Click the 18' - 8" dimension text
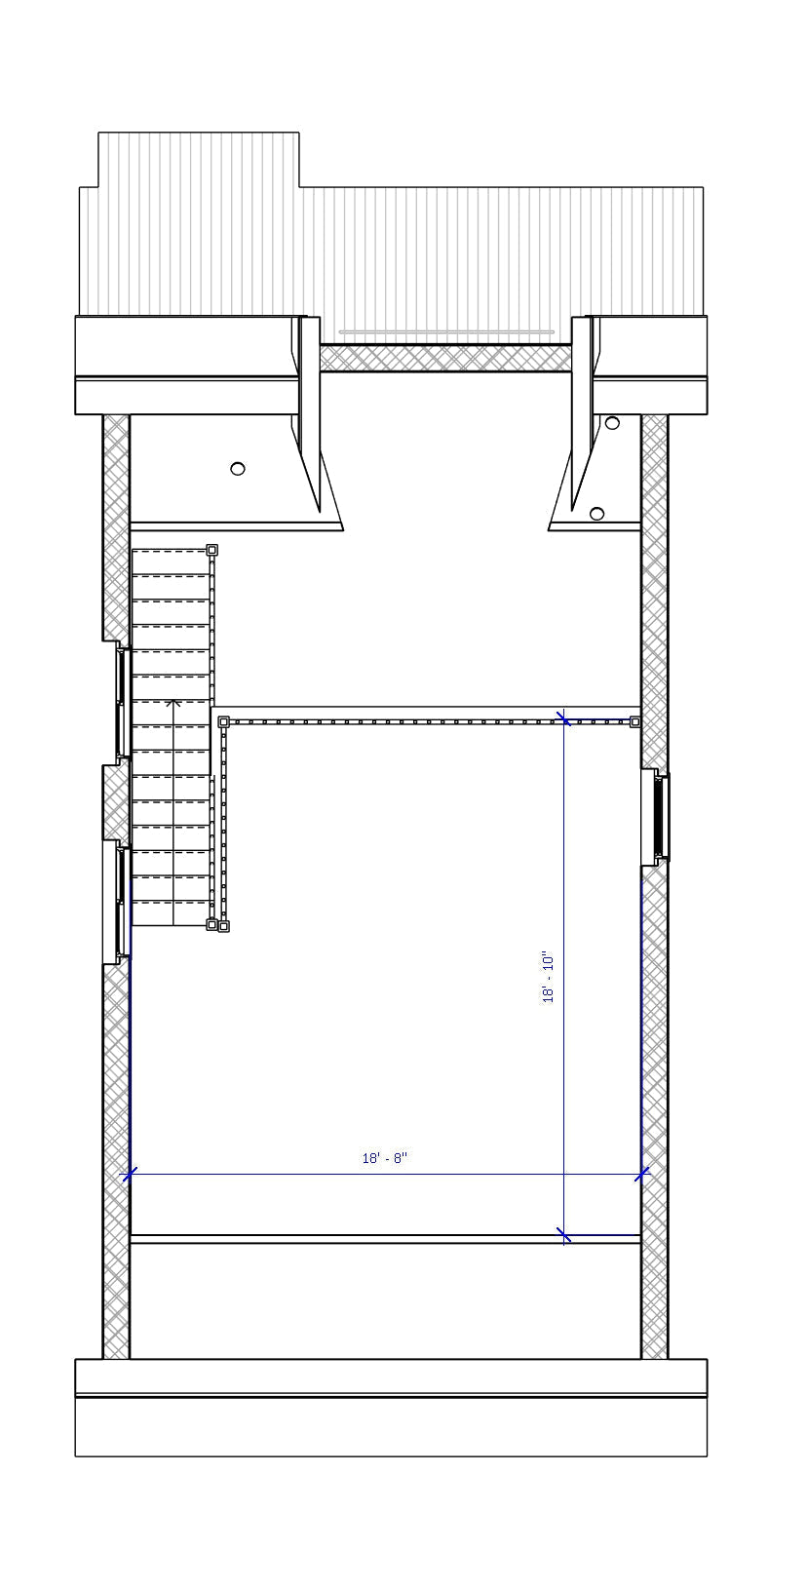(x=384, y=1158)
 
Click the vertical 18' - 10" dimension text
(x=549, y=978)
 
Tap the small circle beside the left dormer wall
(x=238, y=469)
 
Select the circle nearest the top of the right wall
(x=612, y=423)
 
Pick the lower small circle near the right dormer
(x=597, y=514)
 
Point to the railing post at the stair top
(x=211, y=551)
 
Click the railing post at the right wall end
(x=634, y=722)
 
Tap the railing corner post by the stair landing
(x=223, y=722)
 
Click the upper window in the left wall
(x=123, y=702)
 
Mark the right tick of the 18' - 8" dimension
(x=641, y=1175)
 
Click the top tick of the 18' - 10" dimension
(x=564, y=719)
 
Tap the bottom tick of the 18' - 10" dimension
(x=564, y=1236)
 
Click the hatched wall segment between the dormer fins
(x=445, y=359)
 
